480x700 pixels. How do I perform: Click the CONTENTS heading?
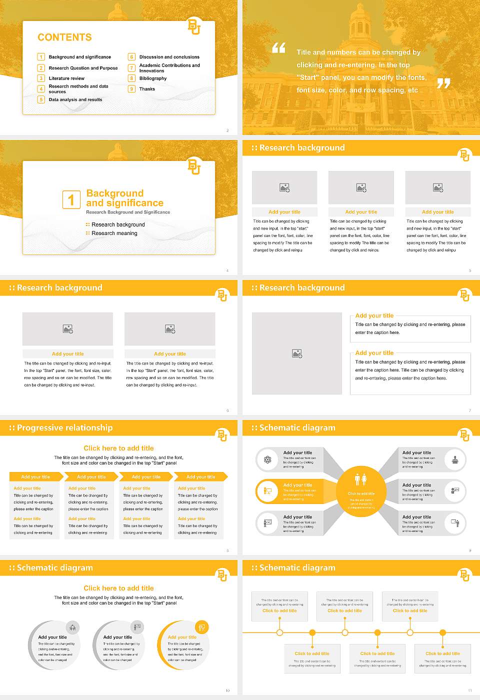tap(64, 37)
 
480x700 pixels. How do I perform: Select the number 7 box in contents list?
tap(131, 68)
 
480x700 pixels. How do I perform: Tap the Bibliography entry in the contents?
tap(153, 78)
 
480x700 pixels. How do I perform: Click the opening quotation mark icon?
tap(278, 48)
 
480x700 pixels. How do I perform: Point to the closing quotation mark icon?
tap(443, 83)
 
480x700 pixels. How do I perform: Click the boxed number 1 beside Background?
tap(71, 199)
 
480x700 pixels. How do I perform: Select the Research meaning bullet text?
tap(114, 233)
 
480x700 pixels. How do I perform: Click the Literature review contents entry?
tap(66, 78)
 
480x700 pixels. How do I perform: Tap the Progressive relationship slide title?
tap(64, 427)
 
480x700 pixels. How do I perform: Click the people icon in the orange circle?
tap(360, 479)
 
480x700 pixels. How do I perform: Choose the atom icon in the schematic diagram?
tap(267, 459)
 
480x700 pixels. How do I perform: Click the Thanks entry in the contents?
tap(147, 89)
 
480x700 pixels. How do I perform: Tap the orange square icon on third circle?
tap(202, 627)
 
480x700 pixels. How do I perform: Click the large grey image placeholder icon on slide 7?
tap(297, 353)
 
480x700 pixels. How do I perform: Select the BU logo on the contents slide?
tap(194, 26)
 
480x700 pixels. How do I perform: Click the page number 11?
tap(469, 690)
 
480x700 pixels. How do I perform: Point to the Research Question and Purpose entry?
tap(83, 68)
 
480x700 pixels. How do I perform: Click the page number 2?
tap(227, 130)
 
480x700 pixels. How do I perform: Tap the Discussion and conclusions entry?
tap(169, 57)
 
